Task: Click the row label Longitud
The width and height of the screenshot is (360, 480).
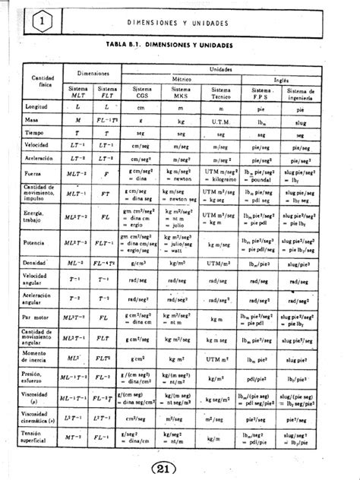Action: coord(39,108)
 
